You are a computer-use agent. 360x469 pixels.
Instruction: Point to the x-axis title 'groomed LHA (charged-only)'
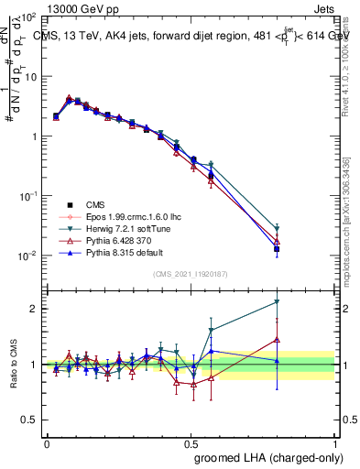pyautogui.click(x=265, y=456)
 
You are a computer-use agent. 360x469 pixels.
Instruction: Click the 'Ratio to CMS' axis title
pyautogui.click(x=15, y=363)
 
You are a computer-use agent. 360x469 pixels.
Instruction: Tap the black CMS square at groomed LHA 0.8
pyautogui.click(x=277, y=248)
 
